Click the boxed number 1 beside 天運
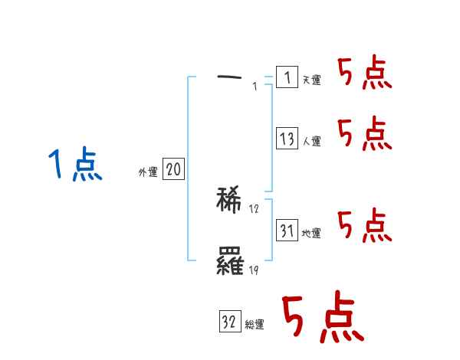(x=287, y=77)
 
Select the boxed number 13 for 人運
(x=287, y=139)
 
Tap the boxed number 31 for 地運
(x=287, y=231)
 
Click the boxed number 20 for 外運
(x=173, y=170)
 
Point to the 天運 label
(x=311, y=80)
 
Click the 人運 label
(x=311, y=141)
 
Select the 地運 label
(x=311, y=233)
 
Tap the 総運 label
(x=255, y=325)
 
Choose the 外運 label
(x=147, y=172)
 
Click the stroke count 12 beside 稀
(x=255, y=209)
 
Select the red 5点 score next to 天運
(x=365, y=74)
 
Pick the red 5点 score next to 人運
(x=365, y=135)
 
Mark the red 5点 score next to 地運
(x=365, y=225)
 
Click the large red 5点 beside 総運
(x=322, y=318)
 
